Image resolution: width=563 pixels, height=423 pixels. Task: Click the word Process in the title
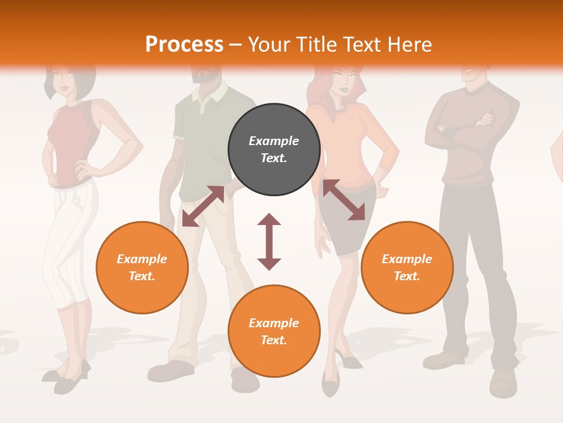(x=184, y=45)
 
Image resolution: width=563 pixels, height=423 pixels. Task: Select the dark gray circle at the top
(x=274, y=149)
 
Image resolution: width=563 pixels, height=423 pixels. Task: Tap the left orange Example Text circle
(x=142, y=267)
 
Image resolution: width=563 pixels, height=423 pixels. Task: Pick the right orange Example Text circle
(x=407, y=267)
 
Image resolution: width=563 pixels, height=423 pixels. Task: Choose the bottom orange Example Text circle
(x=274, y=331)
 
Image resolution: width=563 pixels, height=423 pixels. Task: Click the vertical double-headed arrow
(x=269, y=241)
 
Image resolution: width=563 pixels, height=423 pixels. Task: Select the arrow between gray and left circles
(x=203, y=206)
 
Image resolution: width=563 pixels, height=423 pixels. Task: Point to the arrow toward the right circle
(x=344, y=200)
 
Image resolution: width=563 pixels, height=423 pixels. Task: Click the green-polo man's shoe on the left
(x=170, y=371)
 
